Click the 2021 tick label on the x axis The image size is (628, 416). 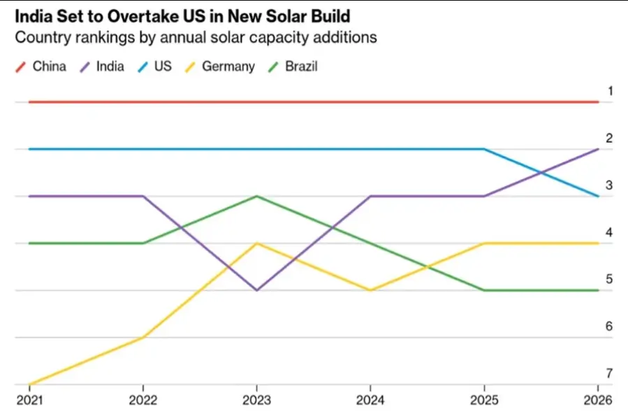click(x=29, y=400)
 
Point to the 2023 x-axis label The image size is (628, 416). click(x=256, y=400)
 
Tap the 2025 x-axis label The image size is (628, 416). click(x=484, y=400)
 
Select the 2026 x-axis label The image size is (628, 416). click(x=597, y=400)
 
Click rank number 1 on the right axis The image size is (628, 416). click(x=610, y=91)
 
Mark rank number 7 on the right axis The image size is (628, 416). click(x=610, y=373)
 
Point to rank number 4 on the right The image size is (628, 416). click(x=610, y=232)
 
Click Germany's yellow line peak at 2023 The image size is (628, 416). click(x=256, y=243)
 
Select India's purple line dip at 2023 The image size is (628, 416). click(x=256, y=290)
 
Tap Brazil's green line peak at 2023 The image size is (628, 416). click(x=256, y=196)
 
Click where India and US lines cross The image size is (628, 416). click(x=541, y=173)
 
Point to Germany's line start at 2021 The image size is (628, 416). click(x=30, y=384)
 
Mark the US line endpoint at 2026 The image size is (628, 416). click(x=598, y=196)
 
